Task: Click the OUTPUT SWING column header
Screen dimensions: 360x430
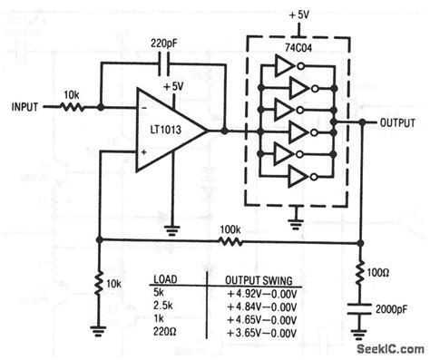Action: [249, 278]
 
